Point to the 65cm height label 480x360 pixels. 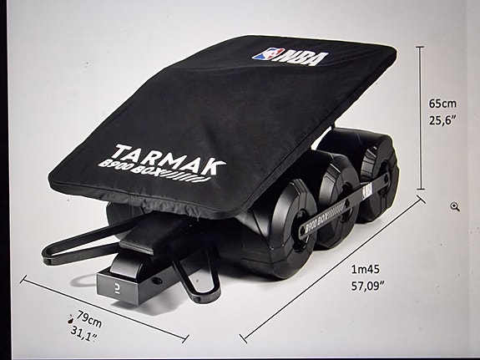point(443,103)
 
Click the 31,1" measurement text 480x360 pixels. point(83,336)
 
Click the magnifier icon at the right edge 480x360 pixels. point(455,206)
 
